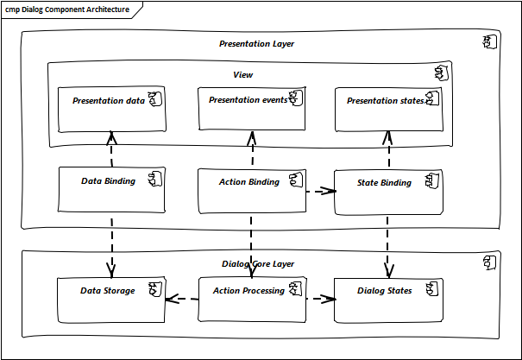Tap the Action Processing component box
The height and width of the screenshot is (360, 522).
click(251, 299)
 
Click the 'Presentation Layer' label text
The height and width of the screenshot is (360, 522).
click(257, 43)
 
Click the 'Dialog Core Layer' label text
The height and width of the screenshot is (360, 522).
click(257, 263)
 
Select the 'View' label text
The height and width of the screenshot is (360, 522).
click(242, 74)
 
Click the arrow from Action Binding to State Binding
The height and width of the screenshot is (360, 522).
click(320, 190)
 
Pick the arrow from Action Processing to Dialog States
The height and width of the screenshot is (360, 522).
click(320, 300)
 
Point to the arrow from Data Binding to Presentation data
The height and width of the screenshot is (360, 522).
click(111, 150)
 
